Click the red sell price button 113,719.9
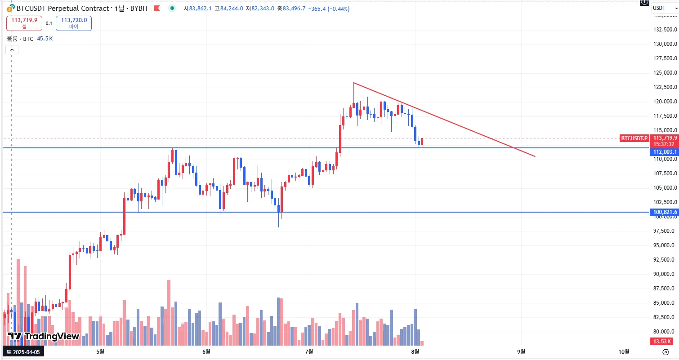[24, 23]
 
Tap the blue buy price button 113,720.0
[74, 23]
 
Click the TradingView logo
[44, 336]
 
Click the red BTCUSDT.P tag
[634, 138]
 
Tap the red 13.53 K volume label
[663, 342]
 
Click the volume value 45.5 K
[45, 39]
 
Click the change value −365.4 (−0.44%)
[329, 9]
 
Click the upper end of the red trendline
[354, 83]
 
